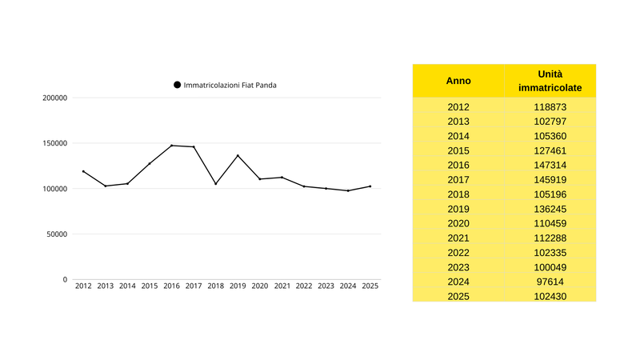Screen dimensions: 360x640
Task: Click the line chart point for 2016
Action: (171, 146)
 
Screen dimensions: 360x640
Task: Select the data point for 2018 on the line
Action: (215, 184)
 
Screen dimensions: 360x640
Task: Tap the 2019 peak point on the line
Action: (238, 155)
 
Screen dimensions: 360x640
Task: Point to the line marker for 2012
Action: (83, 171)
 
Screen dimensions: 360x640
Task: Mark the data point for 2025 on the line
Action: (370, 186)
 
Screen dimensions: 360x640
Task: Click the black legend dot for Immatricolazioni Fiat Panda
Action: (177, 85)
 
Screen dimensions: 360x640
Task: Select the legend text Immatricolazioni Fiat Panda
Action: (230, 85)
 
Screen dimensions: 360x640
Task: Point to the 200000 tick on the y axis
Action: (54, 98)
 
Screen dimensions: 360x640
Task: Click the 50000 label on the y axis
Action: (54, 234)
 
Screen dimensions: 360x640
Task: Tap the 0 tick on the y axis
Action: (65, 280)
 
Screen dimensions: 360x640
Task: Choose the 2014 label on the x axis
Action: (127, 286)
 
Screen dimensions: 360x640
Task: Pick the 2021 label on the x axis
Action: (282, 286)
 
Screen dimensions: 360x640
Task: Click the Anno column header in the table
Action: (458, 81)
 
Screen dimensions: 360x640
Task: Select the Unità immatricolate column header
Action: (550, 80)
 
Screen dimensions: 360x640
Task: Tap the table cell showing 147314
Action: (550, 164)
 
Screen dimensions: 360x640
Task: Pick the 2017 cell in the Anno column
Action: (458, 179)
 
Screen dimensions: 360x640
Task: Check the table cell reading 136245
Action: (550, 208)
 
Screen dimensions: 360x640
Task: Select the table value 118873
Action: (550, 106)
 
